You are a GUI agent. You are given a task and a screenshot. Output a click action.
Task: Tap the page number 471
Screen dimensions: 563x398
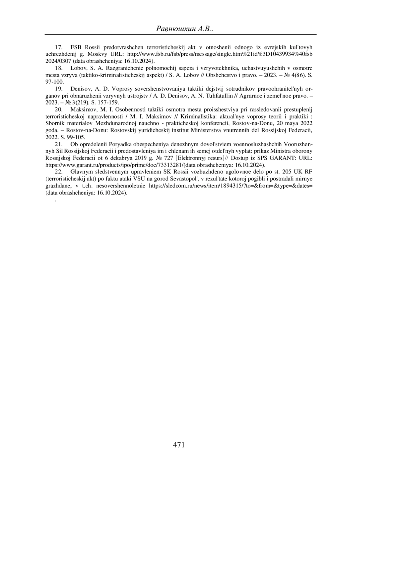click(179, 445)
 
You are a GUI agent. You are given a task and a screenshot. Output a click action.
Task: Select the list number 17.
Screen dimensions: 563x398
click(59, 47)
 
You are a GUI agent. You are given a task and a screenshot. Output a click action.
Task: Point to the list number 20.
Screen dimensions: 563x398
click(59, 109)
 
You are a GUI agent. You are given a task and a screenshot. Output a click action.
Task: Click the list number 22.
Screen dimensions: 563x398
click(59, 172)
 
